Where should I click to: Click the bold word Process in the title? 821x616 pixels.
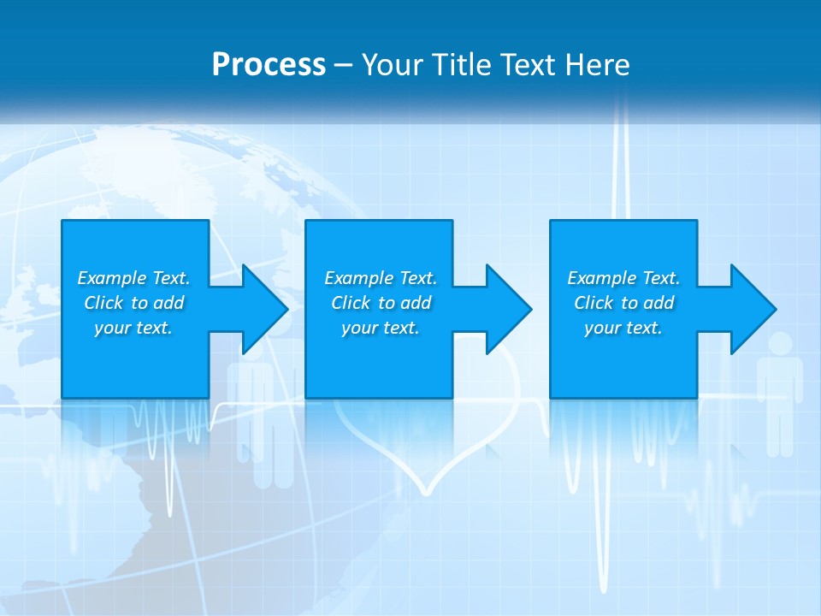coord(269,65)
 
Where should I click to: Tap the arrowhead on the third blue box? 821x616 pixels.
coord(752,309)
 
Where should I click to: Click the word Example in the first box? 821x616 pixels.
coord(111,278)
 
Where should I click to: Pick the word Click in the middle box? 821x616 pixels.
coord(350,303)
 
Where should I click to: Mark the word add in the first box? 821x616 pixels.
coord(169,303)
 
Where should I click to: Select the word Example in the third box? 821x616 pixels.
coord(601,278)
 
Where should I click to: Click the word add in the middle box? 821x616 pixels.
coord(416,303)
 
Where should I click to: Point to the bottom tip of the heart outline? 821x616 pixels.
coord(425,493)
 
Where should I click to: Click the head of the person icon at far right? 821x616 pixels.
coord(780,343)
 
